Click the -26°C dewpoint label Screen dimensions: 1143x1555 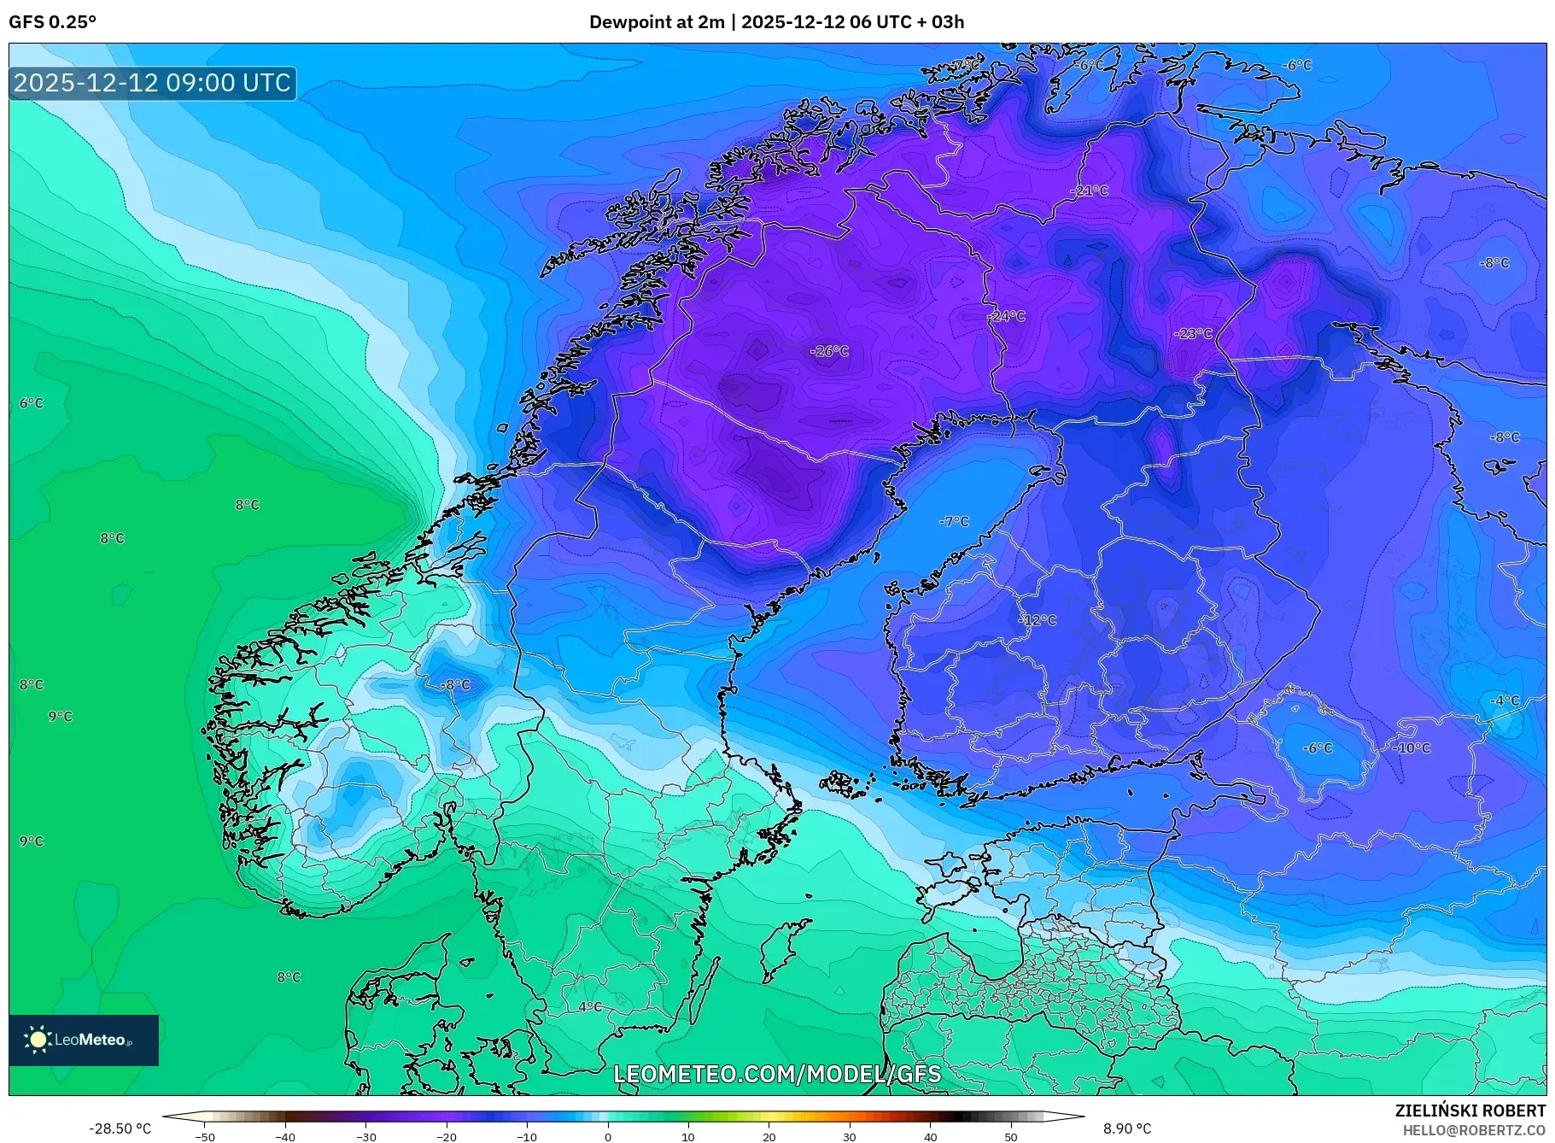(x=829, y=351)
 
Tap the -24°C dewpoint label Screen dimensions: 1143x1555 (x=1007, y=316)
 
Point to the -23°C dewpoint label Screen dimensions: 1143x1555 (x=1193, y=333)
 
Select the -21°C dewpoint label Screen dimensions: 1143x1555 (x=1090, y=190)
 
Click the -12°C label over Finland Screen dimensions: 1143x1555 (x=1038, y=620)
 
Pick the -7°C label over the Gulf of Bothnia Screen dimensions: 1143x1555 (x=954, y=521)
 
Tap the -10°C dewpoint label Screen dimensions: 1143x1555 (x=1412, y=747)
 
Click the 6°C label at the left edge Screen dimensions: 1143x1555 (x=32, y=403)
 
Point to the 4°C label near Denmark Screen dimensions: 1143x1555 (x=590, y=1006)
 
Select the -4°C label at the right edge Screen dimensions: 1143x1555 (x=1505, y=700)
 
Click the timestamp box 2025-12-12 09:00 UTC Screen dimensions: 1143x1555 (x=153, y=83)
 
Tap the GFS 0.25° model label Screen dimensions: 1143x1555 (x=52, y=22)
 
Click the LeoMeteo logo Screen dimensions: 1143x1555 (x=84, y=1040)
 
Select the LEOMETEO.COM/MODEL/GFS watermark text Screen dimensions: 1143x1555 (x=777, y=1074)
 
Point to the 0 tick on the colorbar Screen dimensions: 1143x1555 (x=608, y=1137)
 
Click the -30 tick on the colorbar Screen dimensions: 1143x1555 (x=365, y=1137)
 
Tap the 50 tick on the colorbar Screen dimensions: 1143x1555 (x=1011, y=1137)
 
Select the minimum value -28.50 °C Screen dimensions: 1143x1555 (x=120, y=1128)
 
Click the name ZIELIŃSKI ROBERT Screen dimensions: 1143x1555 (x=1470, y=1111)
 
